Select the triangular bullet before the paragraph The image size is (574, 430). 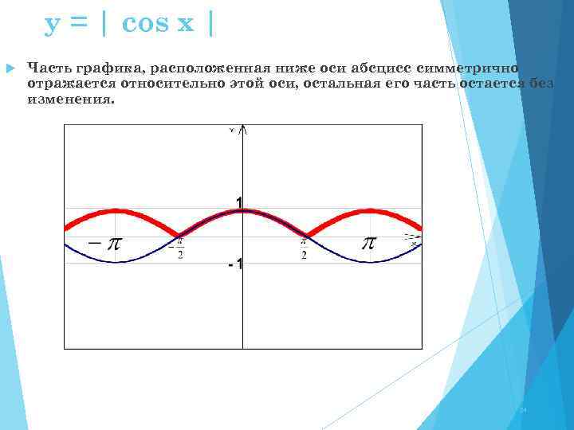tap(10, 71)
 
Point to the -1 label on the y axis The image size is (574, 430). tap(235, 264)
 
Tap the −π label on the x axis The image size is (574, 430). tap(105, 244)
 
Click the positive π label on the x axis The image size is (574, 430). tap(368, 242)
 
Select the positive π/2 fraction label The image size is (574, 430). tap(305, 248)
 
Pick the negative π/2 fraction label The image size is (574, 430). tap(179, 248)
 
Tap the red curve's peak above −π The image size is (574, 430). tap(116, 210)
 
